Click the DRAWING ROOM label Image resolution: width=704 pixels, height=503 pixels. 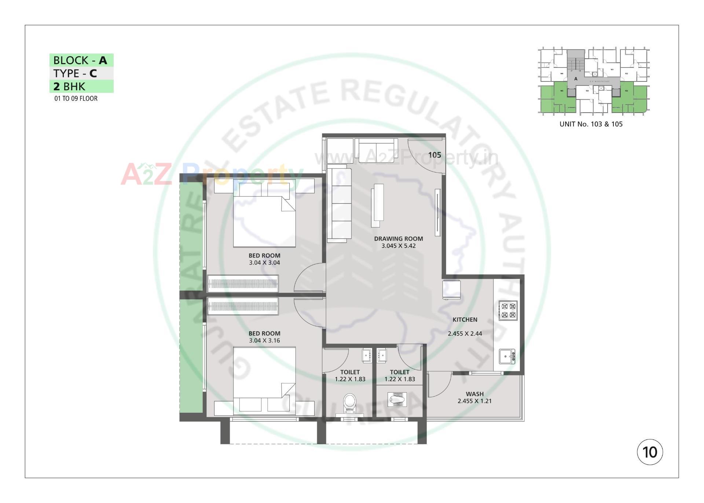pyautogui.click(x=398, y=238)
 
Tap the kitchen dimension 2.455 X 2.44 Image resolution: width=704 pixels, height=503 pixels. pyautogui.click(x=465, y=333)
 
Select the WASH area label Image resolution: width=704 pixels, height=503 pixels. pyautogui.click(x=474, y=394)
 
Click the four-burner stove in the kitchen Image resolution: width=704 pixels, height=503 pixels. pyautogui.click(x=509, y=310)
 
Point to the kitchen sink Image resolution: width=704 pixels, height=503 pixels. pyautogui.click(x=507, y=356)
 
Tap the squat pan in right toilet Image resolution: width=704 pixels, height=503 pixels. pyautogui.click(x=397, y=398)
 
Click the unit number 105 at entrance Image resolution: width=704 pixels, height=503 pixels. pyautogui.click(x=434, y=155)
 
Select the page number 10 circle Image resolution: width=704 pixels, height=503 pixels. pyautogui.click(x=650, y=452)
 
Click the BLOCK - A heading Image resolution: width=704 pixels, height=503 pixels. pyautogui.click(x=81, y=60)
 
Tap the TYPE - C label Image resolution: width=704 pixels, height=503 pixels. pyautogui.click(x=75, y=73)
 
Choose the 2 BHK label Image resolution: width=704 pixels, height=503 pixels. pyautogui.click(x=70, y=87)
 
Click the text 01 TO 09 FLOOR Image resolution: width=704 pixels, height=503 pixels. pyautogui.click(x=76, y=98)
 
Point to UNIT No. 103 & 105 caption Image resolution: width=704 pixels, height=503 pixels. pyautogui.click(x=591, y=124)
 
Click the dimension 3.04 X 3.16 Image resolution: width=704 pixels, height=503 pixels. pyautogui.click(x=264, y=340)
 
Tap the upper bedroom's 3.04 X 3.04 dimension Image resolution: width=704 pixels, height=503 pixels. pyautogui.click(x=264, y=263)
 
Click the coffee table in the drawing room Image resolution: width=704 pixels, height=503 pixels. pyautogui.click(x=378, y=205)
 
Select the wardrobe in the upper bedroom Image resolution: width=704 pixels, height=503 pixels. pyautogui.click(x=243, y=284)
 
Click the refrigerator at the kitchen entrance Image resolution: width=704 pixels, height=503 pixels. pyautogui.click(x=451, y=289)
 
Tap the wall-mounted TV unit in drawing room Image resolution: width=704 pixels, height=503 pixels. pyautogui.click(x=437, y=212)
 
